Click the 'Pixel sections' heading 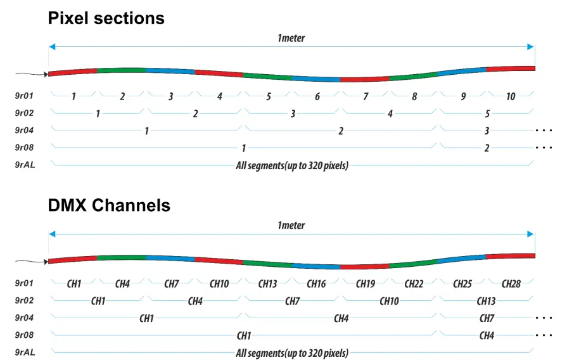point(106,18)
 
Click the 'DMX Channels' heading point(109,205)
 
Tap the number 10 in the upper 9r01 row point(511,97)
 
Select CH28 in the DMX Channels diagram point(511,284)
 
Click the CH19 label point(366,284)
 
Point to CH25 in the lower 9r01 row point(462,284)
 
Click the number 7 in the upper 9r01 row point(366,97)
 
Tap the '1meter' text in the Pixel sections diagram point(291,38)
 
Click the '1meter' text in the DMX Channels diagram point(291,225)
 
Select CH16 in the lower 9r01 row point(316,284)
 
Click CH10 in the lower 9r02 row point(389,301)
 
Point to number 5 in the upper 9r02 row point(487,114)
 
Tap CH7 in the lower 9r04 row point(487,318)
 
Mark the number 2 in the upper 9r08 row point(487,148)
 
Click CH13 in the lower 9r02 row point(487,301)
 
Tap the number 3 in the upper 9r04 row point(487,131)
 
